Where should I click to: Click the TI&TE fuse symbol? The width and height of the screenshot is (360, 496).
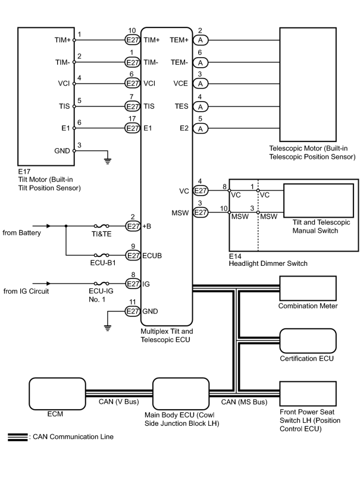pyautogui.click(x=102, y=226)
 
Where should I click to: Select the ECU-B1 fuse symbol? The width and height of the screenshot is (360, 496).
pyautogui.click(x=102, y=255)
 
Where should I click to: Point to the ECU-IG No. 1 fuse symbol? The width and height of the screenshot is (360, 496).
pyautogui.click(x=102, y=284)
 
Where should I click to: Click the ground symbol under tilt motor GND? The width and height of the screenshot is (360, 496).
pyautogui.click(x=108, y=161)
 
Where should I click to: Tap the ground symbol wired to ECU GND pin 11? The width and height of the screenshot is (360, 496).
pyautogui.click(x=108, y=328)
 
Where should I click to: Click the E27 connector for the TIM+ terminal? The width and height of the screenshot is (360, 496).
pyautogui.click(x=132, y=40)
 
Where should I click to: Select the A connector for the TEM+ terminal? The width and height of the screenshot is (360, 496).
pyautogui.click(x=200, y=40)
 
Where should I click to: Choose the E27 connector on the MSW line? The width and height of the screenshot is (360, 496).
pyautogui.click(x=200, y=212)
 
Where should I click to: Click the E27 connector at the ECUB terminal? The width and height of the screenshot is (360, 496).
pyautogui.click(x=133, y=255)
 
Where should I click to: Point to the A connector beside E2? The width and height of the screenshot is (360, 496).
pyautogui.click(x=200, y=128)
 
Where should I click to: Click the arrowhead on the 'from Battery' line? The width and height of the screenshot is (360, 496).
pyautogui.click(x=48, y=226)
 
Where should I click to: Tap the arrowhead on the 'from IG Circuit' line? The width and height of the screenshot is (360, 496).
pyautogui.click(x=48, y=284)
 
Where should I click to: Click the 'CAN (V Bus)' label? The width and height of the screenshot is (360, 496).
pyautogui.click(x=119, y=401)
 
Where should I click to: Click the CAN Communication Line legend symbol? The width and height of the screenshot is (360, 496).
pyautogui.click(x=18, y=437)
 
